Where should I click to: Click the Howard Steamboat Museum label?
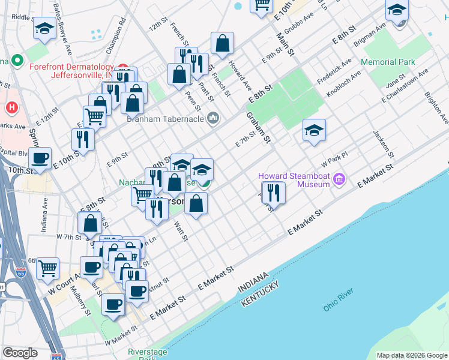(294, 180)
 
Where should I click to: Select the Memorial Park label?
(388, 62)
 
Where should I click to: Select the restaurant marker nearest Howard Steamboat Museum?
(273, 193)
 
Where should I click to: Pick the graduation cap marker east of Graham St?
(314, 131)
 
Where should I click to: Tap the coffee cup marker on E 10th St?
(40, 158)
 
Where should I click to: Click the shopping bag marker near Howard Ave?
(222, 44)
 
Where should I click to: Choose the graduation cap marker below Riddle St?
(44, 29)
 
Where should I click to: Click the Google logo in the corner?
(20, 353)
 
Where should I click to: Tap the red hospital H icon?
(11, 108)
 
